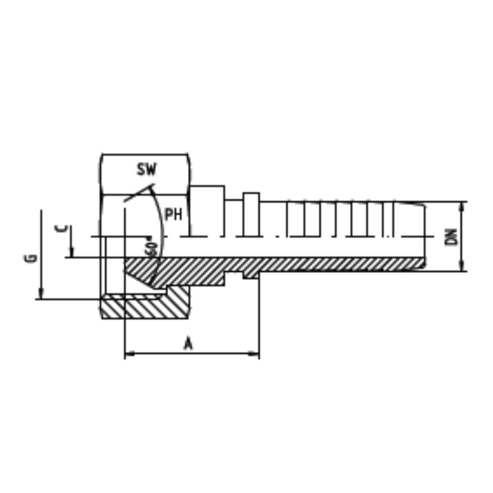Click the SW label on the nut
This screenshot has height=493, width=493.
click(x=147, y=169)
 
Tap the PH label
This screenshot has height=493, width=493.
click(x=174, y=214)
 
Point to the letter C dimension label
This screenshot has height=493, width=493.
click(x=60, y=229)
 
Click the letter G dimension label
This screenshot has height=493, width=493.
click(x=31, y=258)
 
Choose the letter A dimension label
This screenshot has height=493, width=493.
click(x=188, y=343)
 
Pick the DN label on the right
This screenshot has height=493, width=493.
click(x=452, y=237)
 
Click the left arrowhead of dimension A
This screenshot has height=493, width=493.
click(x=130, y=354)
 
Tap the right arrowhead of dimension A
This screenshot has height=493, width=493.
click(x=254, y=354)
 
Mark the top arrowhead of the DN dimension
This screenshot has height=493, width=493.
click(x=462, y=206)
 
